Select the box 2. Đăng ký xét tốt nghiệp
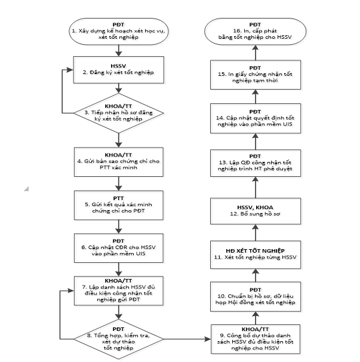(119, 69)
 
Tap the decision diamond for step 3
(119, 112)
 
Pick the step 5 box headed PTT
(119, 203)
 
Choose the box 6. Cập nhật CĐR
(119, 246)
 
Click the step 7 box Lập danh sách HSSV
(119, 290)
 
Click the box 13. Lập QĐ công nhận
(256, 164)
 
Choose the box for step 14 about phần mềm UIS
(256, 118)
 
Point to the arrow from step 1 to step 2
(119, 51)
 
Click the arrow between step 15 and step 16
(256, 53)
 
